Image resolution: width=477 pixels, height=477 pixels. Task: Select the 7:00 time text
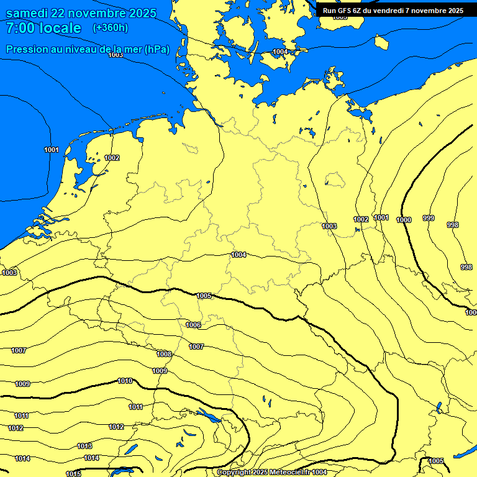pos(20,28)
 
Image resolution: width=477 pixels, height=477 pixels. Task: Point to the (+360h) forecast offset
pos(110,28)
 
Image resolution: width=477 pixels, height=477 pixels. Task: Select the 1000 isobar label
pos(404,220)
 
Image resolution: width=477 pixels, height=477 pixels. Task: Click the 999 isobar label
pos(429,218)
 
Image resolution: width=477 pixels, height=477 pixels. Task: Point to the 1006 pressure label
pos(193,325)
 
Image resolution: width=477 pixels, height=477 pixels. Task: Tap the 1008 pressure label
pos(164,354)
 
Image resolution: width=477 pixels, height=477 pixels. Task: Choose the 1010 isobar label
pos(125,381)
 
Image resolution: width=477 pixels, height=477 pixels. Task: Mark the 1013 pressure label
pos(85,446)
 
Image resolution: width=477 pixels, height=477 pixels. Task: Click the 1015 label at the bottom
pos(73,474)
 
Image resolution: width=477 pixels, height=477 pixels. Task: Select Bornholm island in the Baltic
pos(381,42)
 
